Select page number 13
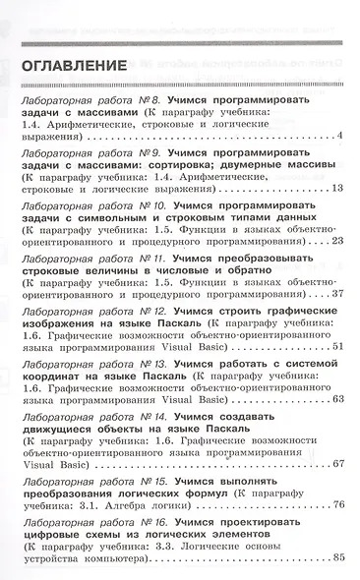334,188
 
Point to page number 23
334,240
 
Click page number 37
334,293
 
